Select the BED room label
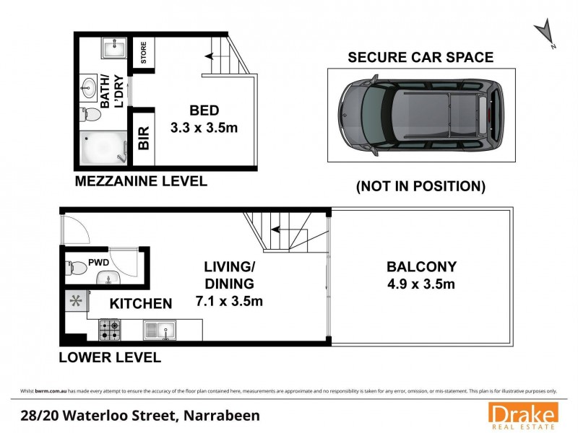[x=204, y=111]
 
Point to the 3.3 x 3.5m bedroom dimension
[x=204, y=128]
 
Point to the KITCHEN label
[x=140, y=304]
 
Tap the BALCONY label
[x=422, y=267]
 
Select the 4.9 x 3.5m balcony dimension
[x=422, y=284]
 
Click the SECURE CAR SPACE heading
[x=420, y=58]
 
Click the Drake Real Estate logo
[x=523, y=415]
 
